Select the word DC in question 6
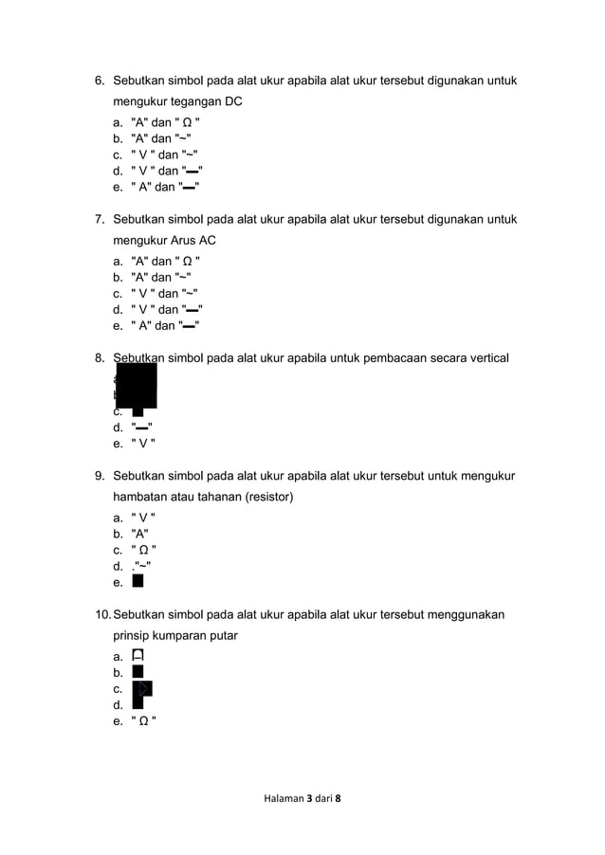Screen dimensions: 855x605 [233, 101]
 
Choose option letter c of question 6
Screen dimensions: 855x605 [117, 155]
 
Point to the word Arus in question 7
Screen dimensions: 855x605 [181, 241]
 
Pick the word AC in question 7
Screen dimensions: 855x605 [208, 241]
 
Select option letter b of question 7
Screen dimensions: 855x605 [117, 278]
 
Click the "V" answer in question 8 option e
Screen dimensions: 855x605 [143, 443]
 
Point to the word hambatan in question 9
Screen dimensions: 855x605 [140, 497]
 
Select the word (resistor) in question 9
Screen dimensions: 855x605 [266, 497]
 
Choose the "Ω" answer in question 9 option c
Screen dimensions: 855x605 [143, 550]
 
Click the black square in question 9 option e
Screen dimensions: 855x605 [138, 581]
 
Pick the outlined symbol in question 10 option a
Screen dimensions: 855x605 [138, 655]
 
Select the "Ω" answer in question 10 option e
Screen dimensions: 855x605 [143, 720]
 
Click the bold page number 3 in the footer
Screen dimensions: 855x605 [309, 799]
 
